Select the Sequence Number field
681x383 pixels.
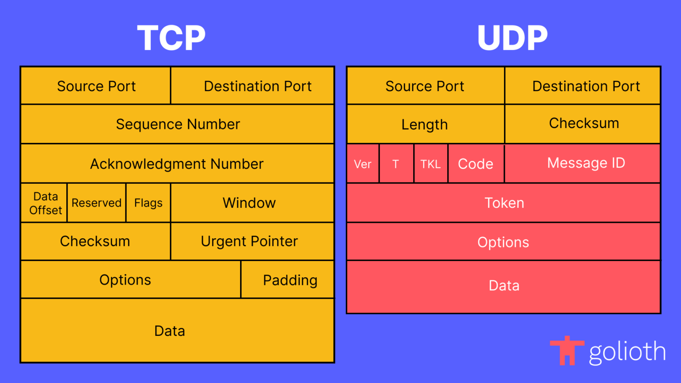click(x=178, y=124)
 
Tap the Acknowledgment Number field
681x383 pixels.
click(x=178, y=163)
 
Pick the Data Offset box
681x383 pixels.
click(x=44, y=203)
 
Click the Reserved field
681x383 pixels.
click(x=96, y=203)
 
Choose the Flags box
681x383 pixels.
click(x=148, y=203)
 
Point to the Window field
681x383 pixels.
click(x=252, y=203)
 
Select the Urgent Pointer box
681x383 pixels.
click(x=252, y=241)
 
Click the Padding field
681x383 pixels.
click(x=287, y=280)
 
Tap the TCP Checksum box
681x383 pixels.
click(x=95, y=241)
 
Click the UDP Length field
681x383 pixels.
click(x=426, y=124)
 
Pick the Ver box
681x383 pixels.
click(x=363, y=163)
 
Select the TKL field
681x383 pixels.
click(x=431, y=163)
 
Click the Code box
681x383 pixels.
click(x=476, y=163)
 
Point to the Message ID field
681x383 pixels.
click(x=582, y=163)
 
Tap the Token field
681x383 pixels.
click(x=504, y=203)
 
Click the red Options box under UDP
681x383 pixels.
click(x=504, y=241)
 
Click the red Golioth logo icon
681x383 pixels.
click(x=567, y=350)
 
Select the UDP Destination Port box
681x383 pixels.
click(x=582, y=86)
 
